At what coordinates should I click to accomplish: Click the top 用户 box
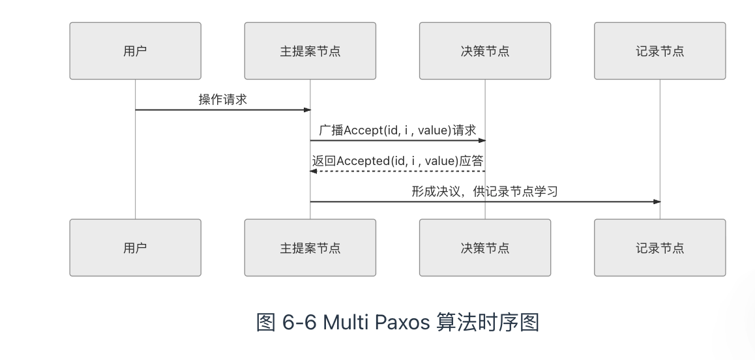click(x=136, y=51)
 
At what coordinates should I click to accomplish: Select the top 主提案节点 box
click(x=310, y=51)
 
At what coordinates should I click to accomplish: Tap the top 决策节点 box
click(x=485, y=51)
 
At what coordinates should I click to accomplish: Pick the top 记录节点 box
click(x=660, y=51)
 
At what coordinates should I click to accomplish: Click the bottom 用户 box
click(x=136, y=248)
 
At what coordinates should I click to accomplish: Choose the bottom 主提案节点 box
click(x=310, y=248)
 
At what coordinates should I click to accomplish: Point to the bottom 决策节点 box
click(x=485, y=248)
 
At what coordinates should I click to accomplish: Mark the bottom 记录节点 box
click(x=660, y=248)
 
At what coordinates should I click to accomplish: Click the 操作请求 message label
click(x=223, y=99)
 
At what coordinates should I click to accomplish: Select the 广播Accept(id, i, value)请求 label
click(x=398, y=130)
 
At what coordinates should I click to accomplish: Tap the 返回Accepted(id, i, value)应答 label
click(x=398, y=160)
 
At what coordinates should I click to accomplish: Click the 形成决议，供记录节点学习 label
click(x=485, y=191)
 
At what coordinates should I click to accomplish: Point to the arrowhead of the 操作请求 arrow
click(x=308, y=110)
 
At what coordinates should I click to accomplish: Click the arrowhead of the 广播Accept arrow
click(x=482, y=141)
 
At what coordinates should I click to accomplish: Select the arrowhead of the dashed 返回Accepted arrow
click(x=312, y=171)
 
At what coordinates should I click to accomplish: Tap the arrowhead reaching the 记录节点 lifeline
click(x=657, y=202)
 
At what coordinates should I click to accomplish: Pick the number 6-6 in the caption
click(x=299, y=322)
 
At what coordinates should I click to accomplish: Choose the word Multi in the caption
click(x=344, y=322)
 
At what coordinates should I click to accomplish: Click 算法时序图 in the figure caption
click(x=488, y=322)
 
